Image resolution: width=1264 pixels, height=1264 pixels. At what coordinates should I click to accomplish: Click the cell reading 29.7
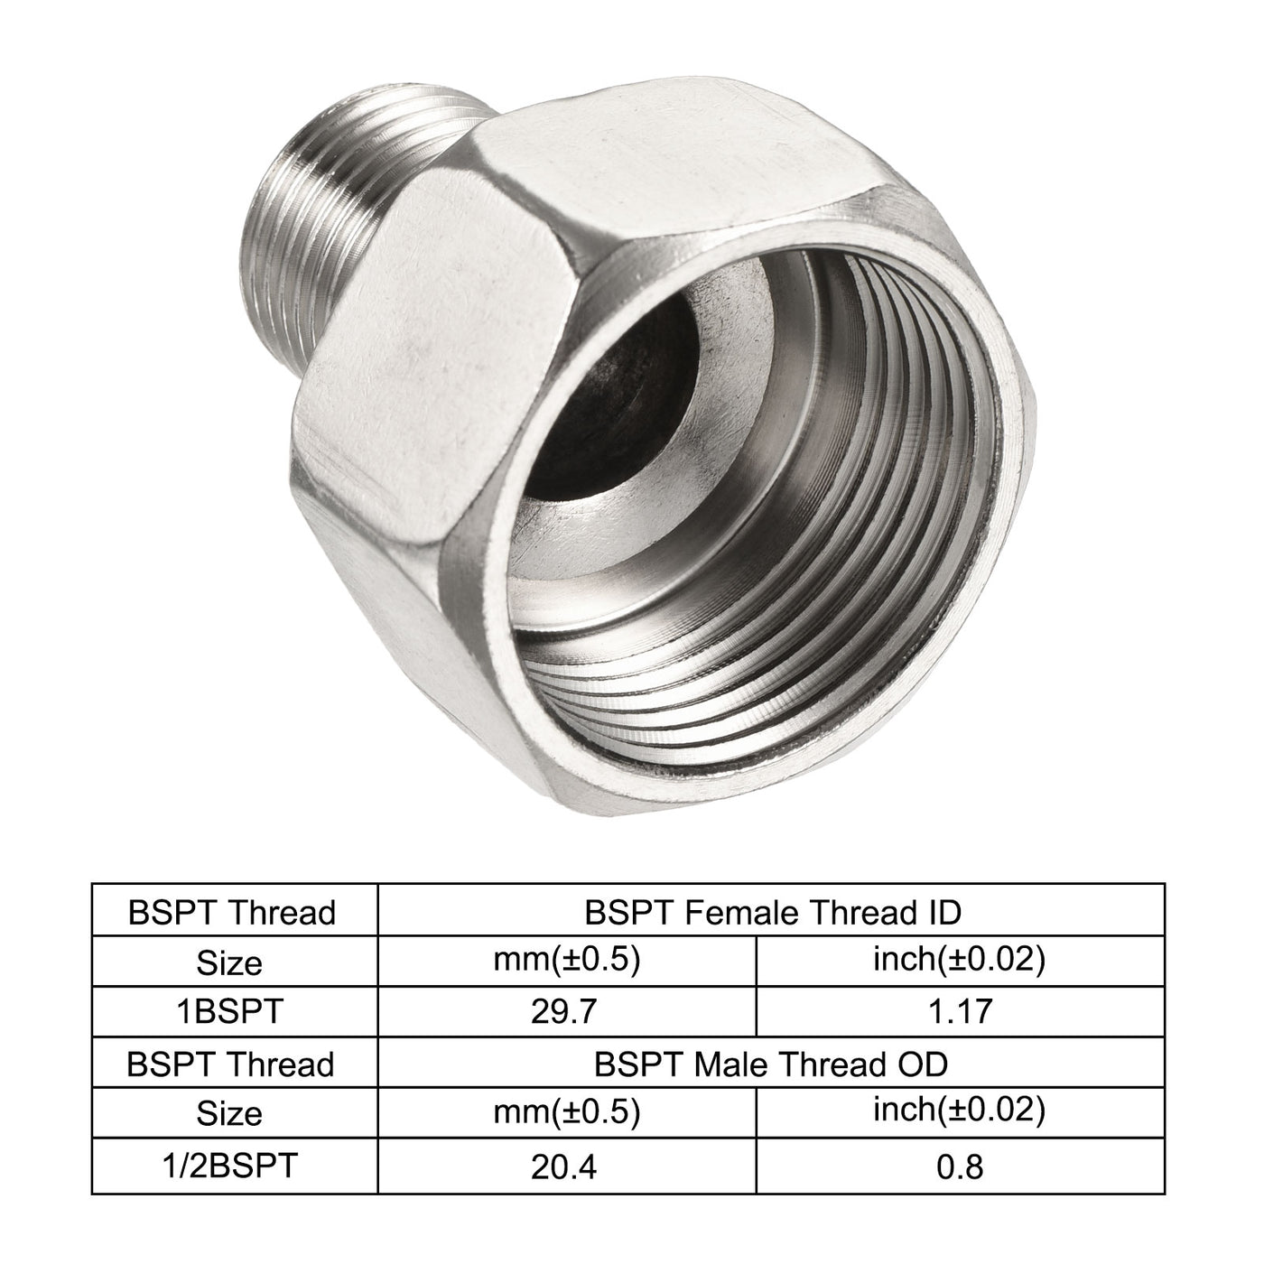(x=565, y=1011)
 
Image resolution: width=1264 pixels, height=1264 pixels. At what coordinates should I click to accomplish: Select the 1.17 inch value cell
(x=960, y=1011)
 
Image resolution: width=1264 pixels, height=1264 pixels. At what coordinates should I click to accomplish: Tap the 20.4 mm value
(x=565, y=1166)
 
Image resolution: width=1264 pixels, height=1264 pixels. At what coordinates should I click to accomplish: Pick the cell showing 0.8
(x=960, y=1166)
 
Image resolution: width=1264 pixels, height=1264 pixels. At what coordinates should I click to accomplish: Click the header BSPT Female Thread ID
(x=772, y=913)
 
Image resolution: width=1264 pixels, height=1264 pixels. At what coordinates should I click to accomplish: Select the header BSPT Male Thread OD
(x=772, y=1064)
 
